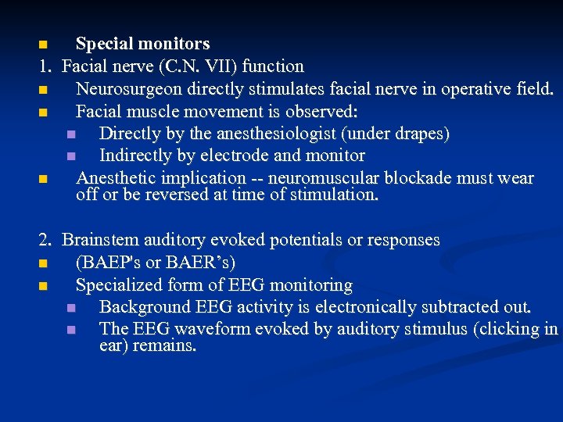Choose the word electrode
[x=243, y=156]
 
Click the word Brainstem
[x=99, y=240]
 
